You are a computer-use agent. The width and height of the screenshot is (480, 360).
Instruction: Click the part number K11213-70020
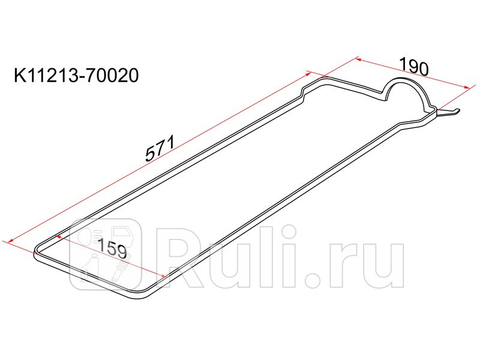[76, 76]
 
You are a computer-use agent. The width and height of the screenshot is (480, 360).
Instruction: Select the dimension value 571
[160, 148]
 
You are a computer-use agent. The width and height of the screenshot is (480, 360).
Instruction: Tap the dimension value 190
[414, 67]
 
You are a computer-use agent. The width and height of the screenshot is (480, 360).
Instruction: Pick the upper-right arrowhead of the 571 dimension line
[308, 74]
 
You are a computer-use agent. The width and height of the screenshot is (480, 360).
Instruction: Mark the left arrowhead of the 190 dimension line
[359, 59]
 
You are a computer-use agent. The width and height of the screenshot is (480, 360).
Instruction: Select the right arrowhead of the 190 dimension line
[466, 87]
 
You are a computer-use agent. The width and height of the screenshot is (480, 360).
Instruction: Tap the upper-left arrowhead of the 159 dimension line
[58, 236]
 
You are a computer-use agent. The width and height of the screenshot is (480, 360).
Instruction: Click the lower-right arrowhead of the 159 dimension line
[163, 276]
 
